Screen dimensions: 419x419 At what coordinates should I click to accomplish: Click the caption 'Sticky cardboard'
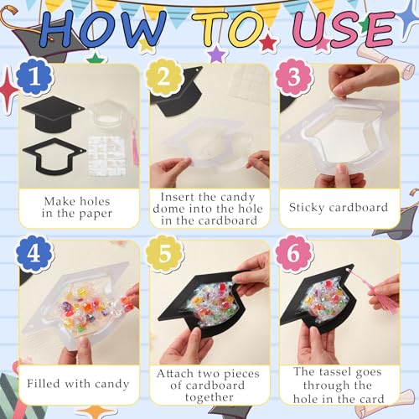pyautogui.click(x=338, y=206)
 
